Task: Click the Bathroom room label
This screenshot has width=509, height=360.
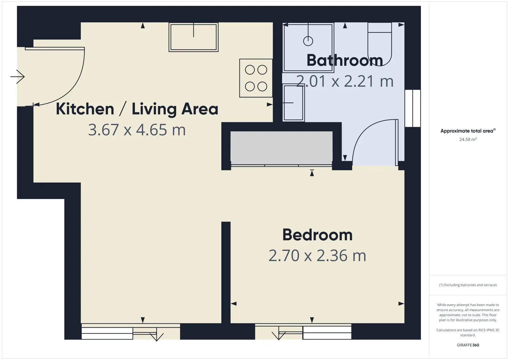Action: (345, 60)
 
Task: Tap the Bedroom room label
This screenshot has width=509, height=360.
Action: (318, 235)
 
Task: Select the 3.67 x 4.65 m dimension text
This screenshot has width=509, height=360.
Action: (137, 130)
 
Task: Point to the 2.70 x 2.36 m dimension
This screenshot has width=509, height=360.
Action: (317, 256)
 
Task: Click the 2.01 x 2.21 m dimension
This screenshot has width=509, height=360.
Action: (345, 81)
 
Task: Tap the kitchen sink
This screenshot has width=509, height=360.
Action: (193, 37)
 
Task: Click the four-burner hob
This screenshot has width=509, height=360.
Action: (256, 78)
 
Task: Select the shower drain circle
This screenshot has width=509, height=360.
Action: (308, 41)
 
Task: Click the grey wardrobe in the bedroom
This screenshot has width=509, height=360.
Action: (282, 148)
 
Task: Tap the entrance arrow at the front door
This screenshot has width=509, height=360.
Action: (17, 77)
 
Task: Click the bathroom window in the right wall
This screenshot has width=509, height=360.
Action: (413, 108)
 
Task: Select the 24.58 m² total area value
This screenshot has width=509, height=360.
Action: (468, 139)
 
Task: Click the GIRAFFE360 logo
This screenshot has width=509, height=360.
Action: (468, 345)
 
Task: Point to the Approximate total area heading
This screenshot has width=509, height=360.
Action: (468, 131)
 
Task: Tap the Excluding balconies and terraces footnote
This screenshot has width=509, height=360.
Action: (468, 285)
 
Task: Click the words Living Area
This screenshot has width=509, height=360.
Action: (175, 109)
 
